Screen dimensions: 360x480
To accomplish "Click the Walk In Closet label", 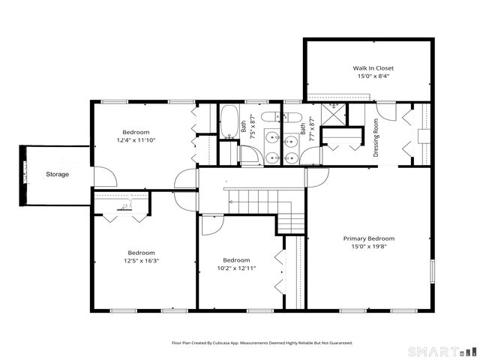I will tap(373, 67).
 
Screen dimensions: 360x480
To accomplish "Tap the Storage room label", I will tap(57, 174).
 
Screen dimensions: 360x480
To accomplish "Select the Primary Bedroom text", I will tap(368, 238).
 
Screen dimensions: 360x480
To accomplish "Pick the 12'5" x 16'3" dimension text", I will tap(141, 260).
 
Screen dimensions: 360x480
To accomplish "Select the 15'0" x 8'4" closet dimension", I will tap(373, 76).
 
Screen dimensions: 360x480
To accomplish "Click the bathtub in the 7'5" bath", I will tap(228, 121).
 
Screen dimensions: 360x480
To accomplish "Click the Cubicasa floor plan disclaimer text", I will tap(262, 342).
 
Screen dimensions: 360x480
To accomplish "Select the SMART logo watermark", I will tap(442, 351).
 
